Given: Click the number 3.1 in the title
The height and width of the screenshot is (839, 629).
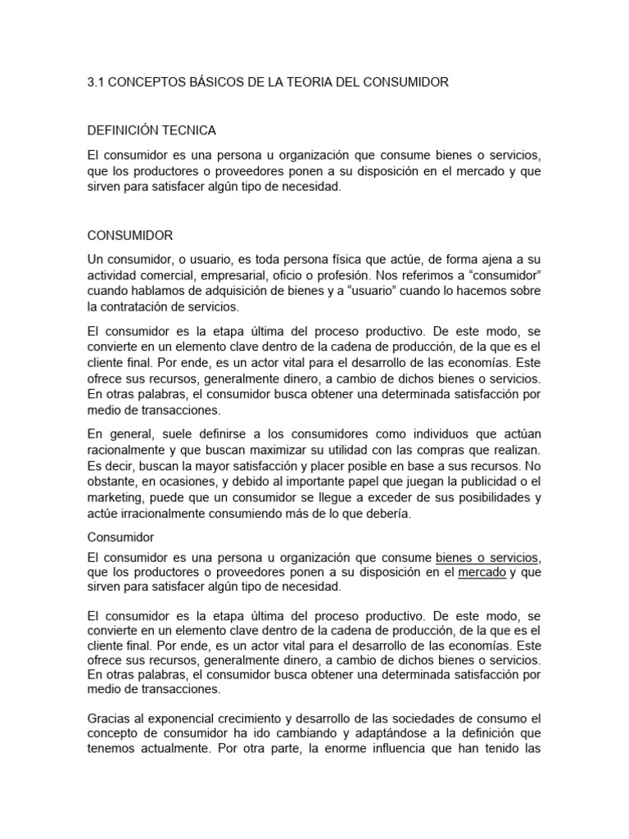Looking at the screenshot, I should (96, 83).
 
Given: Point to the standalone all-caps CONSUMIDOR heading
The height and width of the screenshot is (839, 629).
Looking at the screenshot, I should (130, 236).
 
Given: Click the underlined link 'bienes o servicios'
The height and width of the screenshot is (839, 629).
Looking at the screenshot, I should (488, 558).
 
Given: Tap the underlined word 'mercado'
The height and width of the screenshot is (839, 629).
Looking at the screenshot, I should (482, 573).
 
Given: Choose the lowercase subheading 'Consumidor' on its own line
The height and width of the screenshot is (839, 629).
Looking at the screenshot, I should (120, 537).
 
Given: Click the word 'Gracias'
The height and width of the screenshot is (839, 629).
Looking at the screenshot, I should (110, 719).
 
